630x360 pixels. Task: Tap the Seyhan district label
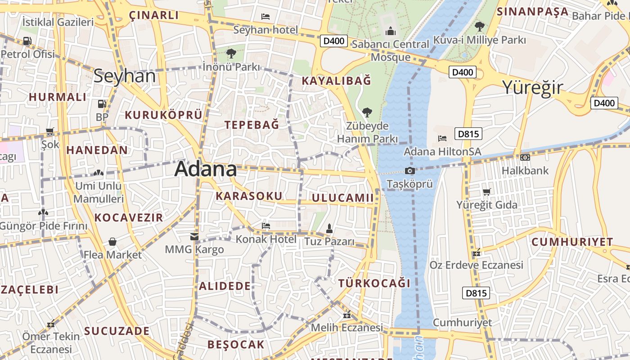(x=125, y=76)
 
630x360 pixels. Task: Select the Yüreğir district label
(x=532, y=87)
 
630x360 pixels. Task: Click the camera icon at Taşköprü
(x=409, y=171)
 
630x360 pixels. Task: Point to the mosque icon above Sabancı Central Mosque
(x=390, y=31)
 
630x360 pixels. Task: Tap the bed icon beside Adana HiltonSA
(x=442, y=138)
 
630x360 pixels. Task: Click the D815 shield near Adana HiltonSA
(x=468, y=134)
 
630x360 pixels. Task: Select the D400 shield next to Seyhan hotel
(x=334, y=41)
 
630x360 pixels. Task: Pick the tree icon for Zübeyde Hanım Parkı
(x=367, y=112)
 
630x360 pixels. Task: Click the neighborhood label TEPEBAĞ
(x=252, y=125)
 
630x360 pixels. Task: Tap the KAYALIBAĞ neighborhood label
(x=337, y=81)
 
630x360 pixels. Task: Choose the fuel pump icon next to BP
(x=102, y=104)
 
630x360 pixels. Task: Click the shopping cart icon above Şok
(x=50, y=131)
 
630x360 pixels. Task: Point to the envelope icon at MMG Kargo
(x=194, y=236)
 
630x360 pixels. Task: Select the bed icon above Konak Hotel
(x=266, y=225)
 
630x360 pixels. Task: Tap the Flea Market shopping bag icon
(x=112, y=242)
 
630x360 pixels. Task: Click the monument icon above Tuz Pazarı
(x=329, y=228)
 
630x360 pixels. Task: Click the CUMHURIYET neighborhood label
(x=572, y=242)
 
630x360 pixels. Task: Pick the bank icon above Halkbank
(x=525, y=157)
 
